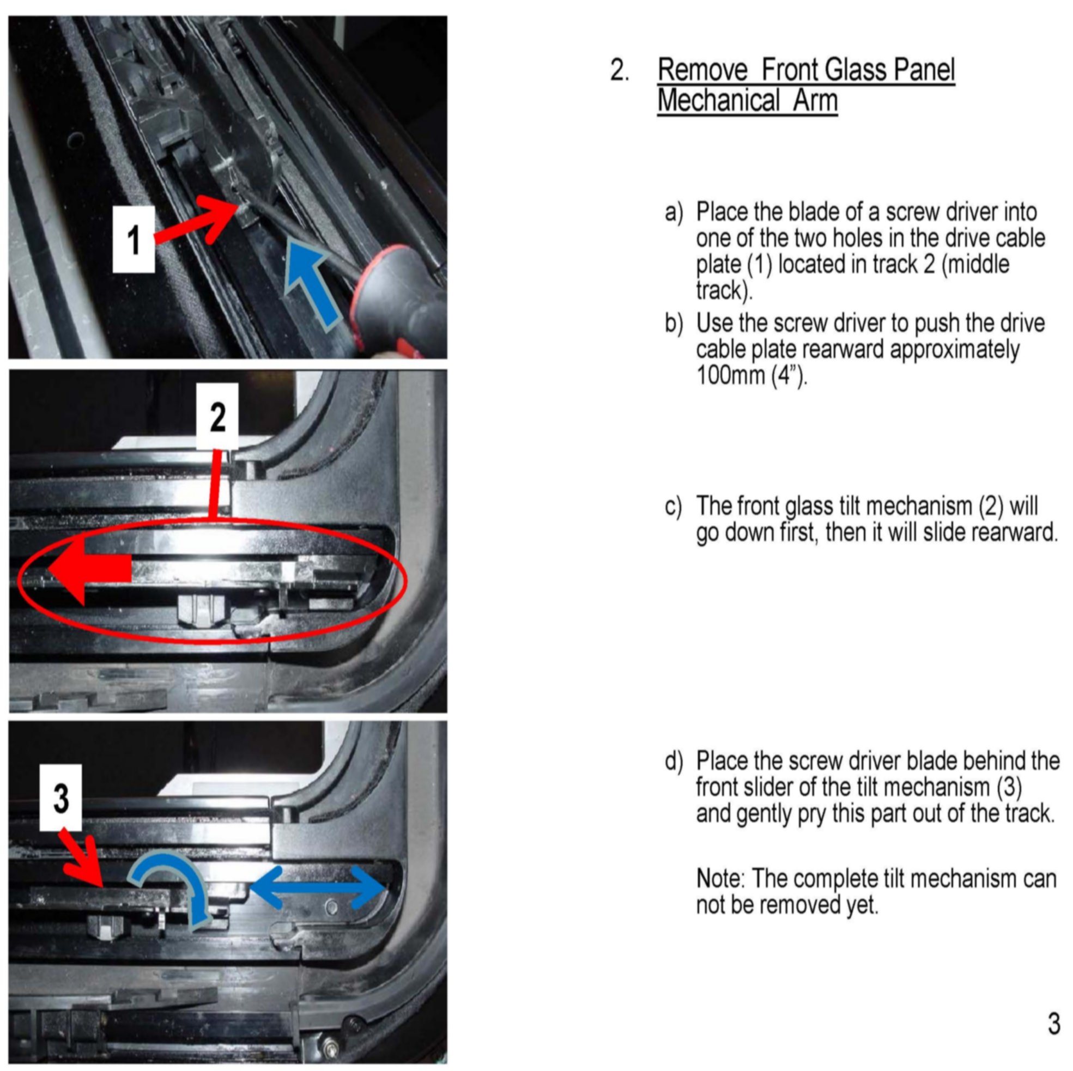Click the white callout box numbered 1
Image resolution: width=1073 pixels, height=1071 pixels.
[x=134, y=239]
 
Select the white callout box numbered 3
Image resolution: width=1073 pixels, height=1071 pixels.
[x=61, y=798]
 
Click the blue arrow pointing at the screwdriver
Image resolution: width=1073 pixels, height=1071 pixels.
[x=314, y=283]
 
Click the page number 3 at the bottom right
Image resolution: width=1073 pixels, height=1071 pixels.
[x=1053, y=1023]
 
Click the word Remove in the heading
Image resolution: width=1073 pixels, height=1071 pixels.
[x=703, y=70]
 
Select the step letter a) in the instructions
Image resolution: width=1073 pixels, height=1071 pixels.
[x=674, y=212]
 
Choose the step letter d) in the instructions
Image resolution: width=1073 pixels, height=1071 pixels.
[x=674, y=761]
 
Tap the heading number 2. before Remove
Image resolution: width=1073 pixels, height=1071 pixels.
[x=620, y=70]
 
